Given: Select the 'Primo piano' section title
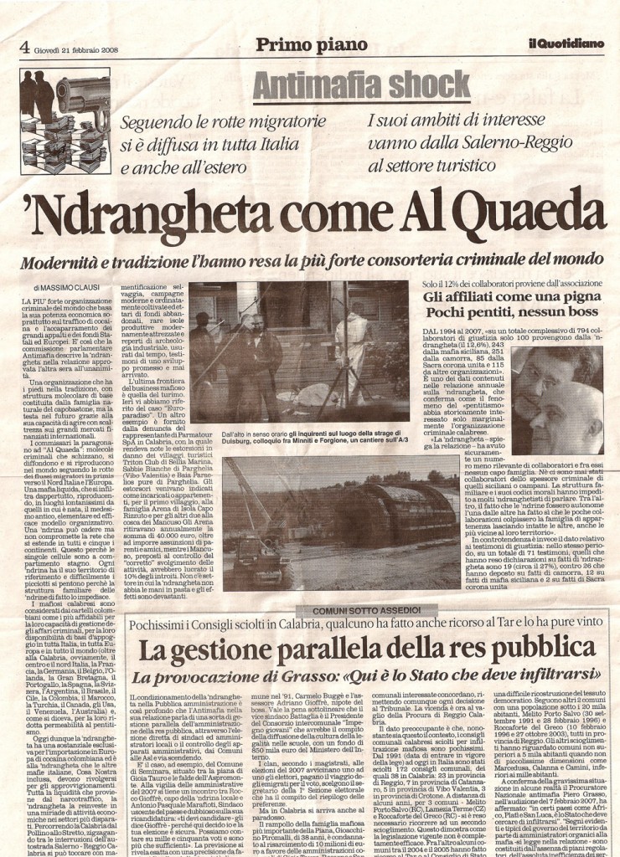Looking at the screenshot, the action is (312, 45).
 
